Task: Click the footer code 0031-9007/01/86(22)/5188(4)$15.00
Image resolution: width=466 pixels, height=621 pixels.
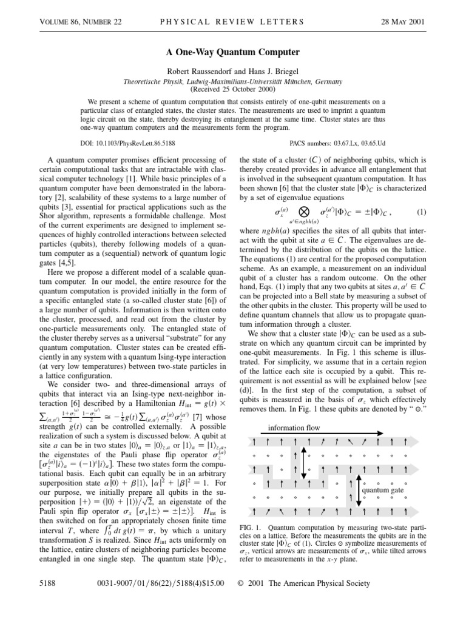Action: point(161,583)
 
